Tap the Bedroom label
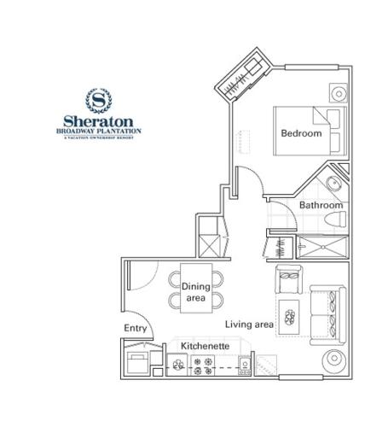pos(301,133)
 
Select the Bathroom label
pos(321,206)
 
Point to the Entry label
pos(136,328)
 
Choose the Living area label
pos(249,325)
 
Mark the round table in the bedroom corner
pos(338,92)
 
